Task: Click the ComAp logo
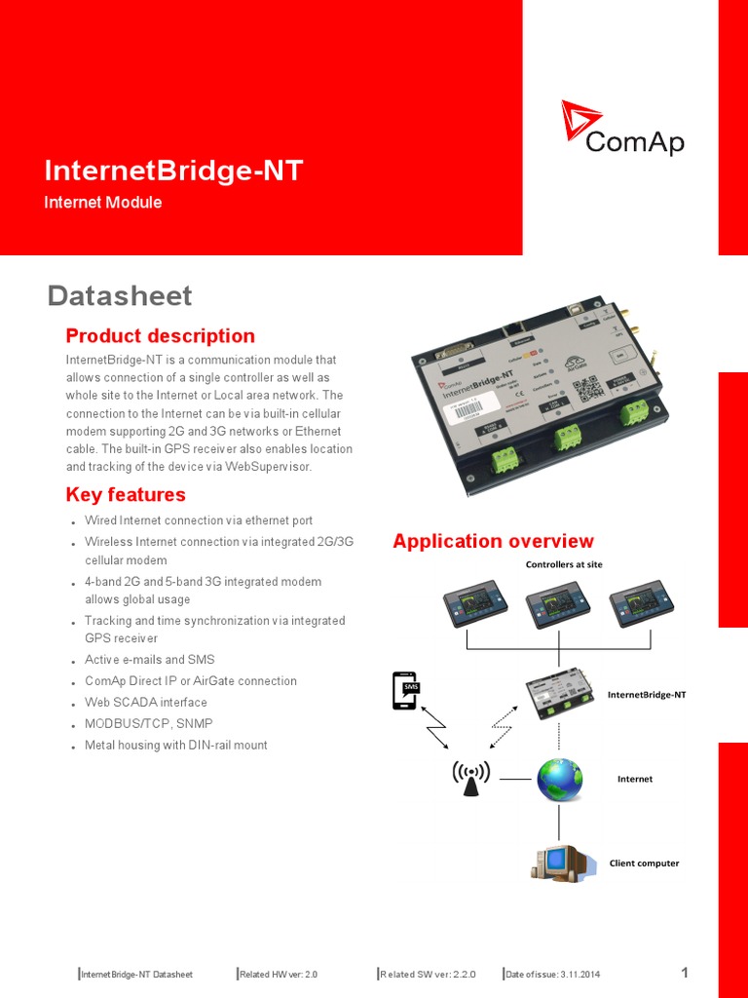click(x=622, y=129)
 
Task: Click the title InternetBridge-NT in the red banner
click(x=173, y=172)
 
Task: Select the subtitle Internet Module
click(x=103, y=203)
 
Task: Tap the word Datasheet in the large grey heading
click(x=120, y=295)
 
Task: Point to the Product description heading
click(x=160, y=336)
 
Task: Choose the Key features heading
click(x=126, y=494)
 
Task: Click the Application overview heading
click(x=493, y=541)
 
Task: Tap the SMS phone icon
click(x=403, y=690)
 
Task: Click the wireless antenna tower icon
click(x=470, y=776)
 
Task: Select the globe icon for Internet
click(x=559, y=779)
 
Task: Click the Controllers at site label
click(x=564, y=564)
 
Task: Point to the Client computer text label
click(x=644, y=863)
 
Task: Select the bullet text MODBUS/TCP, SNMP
click(x=148, y=723)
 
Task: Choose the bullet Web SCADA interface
click(x=146, y=702)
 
